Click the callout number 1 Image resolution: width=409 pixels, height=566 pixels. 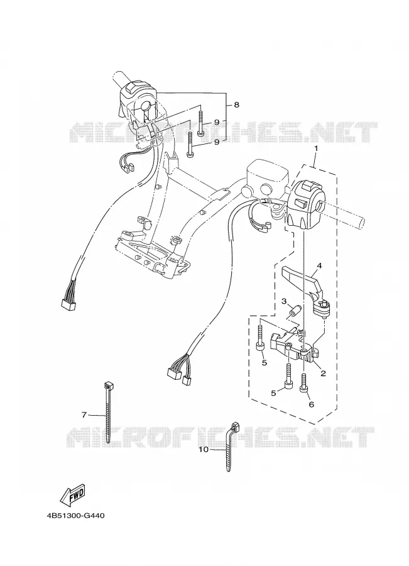[315, 148]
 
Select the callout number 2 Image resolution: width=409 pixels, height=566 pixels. [323, 374]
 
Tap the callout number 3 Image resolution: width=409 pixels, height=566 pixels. [284, 301]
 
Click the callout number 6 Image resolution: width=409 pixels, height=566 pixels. [311, 404]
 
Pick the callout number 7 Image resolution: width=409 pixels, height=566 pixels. [84, 415]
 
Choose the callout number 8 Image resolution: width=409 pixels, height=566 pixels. [237, 105]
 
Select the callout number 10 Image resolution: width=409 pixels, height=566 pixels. [204, 450]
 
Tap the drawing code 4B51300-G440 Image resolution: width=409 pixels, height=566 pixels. [75, 516]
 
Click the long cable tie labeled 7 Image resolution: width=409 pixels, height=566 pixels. [108, 411]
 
